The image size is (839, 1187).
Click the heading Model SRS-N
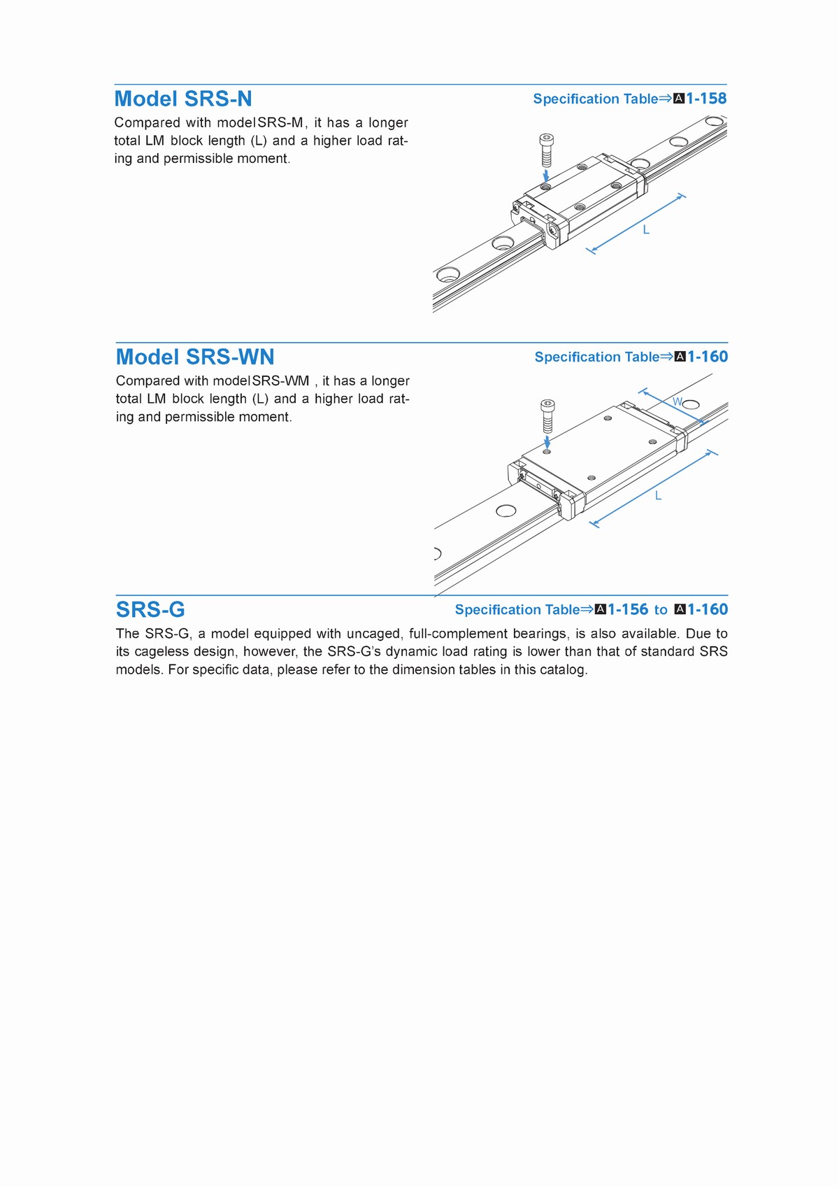[183, 99]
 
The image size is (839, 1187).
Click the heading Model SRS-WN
[195, 357]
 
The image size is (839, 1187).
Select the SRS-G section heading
[150, 609]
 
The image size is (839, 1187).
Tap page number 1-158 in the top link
[706, 99]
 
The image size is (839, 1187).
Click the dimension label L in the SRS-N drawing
[646, 230]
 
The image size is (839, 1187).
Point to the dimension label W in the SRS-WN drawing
[677, 402]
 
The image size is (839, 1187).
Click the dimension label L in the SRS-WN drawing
[658, 496]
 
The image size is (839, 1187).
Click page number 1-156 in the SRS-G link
[628, 609]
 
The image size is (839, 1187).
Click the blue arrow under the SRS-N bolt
[546, 173]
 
